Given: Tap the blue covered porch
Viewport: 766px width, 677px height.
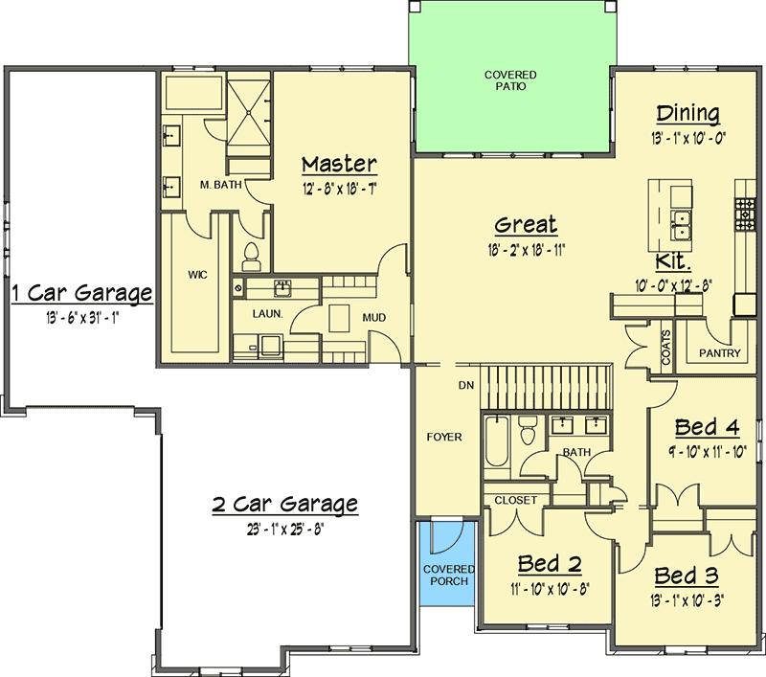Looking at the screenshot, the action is pyautogui.click(x=448, y=564).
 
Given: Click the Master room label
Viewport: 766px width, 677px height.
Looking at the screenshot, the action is pyautogui.click(x=340, y=164).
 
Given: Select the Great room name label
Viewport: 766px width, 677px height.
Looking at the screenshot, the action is pyautogui.click(x=526, y=225).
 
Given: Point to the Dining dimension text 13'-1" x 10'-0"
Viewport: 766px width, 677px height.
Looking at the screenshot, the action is pyautogui.click(x=687, y=138).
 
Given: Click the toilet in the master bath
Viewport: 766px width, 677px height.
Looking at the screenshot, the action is pyautogui.click(x=251, y=257).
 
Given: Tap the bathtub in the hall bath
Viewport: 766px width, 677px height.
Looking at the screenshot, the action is pyautogui.click(x=496, y=440).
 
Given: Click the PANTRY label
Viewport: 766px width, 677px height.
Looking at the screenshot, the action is pyautogui.click(x=720, y=352).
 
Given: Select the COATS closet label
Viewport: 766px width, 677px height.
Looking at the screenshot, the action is pyautogui.click(x=665, y=348).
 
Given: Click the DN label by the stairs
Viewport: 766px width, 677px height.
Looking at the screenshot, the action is pyautogui.click(x=466, y=385).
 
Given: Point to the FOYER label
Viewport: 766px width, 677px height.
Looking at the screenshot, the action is pyautogui.click(x=444, y=437).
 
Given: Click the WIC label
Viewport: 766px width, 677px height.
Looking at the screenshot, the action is pyautogui.click(x=197, y=275).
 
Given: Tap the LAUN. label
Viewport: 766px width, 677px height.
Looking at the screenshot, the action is pyautogui.click(x=268, y=313).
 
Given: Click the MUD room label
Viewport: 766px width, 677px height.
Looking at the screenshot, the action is pyautogui.click(x=374, y=318).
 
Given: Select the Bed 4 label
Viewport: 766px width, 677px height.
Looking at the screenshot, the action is pyautogui.click(x=707, y=427).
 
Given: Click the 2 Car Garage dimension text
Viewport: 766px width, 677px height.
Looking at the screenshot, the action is pyautogui.click(x=285, y=530).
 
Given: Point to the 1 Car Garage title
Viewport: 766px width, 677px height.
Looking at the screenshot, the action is pyautogui.click(x=82, y=293).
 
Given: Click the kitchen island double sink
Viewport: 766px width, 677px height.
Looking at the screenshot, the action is pyautogui.click(x=680, y=225).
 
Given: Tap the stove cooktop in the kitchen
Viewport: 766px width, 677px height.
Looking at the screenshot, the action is pyautogui.click(x=746, y=214).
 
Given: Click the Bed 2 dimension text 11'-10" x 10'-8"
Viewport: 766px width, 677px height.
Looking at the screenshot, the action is pyautogui.click(x=550, y=590).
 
